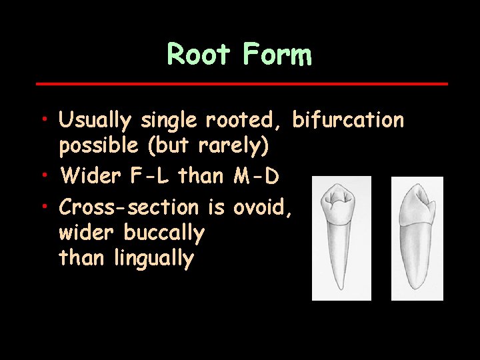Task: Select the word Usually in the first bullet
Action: click(97, 121)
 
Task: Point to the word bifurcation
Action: click(348, 121)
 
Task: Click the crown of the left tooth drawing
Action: click(341, 204)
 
